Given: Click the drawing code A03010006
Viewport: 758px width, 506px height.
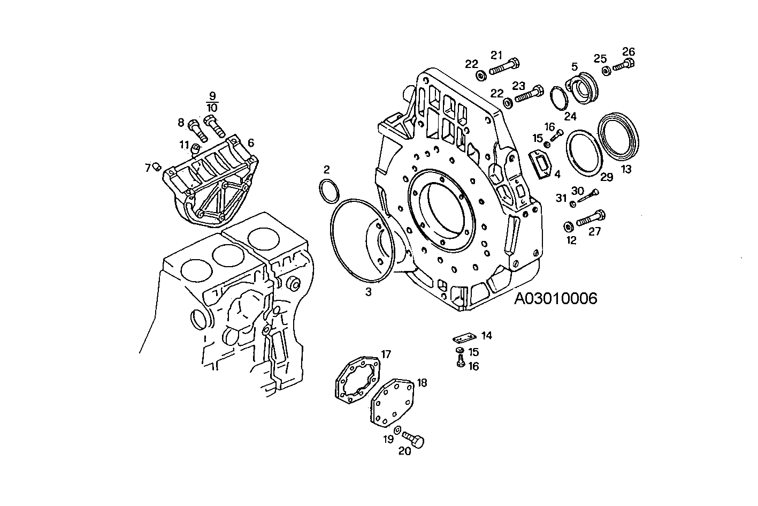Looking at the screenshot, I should pos(555,299).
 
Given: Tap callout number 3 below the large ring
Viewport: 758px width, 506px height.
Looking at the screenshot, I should pos(368,292).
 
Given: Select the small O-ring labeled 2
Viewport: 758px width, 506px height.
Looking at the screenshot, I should pos(328,192).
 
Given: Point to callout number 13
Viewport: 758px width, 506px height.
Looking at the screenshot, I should pos(626,169).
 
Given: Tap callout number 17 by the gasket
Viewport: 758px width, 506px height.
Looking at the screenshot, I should pos(386,354).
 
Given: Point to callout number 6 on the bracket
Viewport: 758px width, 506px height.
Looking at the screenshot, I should pos(250,142).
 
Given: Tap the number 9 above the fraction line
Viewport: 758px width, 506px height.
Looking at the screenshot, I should pos(212,96).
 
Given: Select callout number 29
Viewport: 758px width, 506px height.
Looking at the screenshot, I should pos(607,177).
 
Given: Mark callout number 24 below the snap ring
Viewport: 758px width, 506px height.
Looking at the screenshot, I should pos(570,116).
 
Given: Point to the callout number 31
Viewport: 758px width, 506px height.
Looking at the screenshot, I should pos(560,198).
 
